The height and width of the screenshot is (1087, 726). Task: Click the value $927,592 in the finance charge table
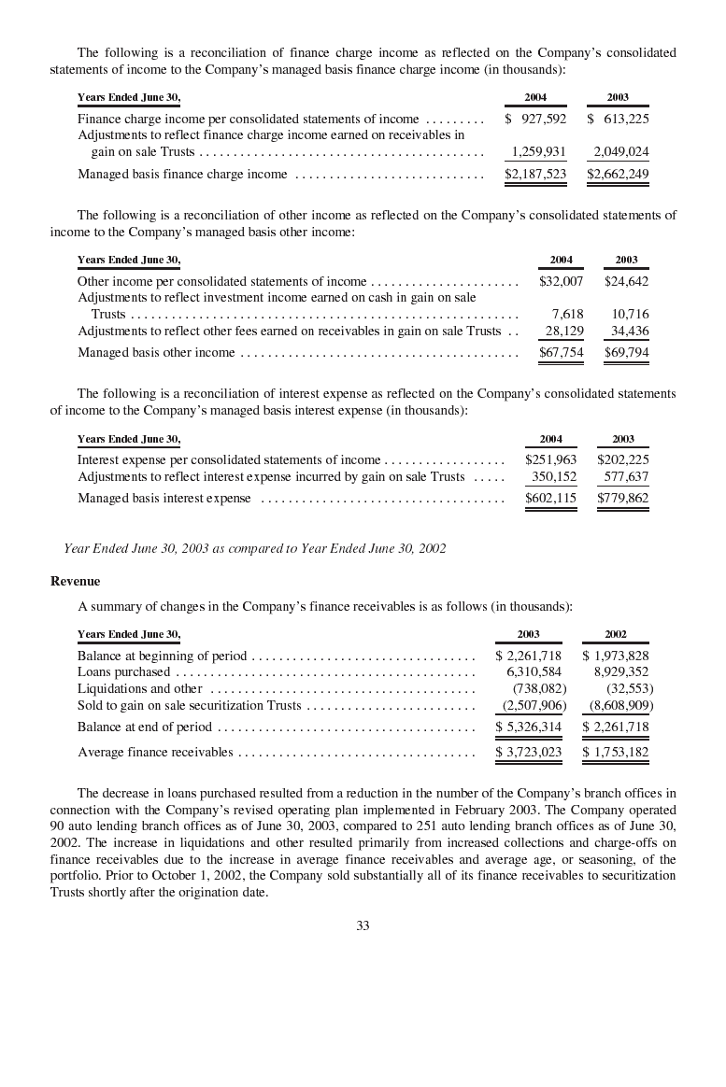pyautogui.click(x=536, y=119)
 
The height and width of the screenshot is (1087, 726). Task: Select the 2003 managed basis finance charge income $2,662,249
pyautogui.click(x=618, y=174)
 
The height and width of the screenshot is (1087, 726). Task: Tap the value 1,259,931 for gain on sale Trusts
pyautogui.click(x=538, y=151)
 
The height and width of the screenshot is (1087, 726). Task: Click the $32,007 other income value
pyautogui.click(x=561, y=281)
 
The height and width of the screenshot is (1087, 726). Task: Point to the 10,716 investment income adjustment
pyautogui.click(x=630, y=314)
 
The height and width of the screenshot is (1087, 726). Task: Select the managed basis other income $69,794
pyautogui.click(x=626, y=352)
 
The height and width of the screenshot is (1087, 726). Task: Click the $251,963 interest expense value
pyautogui.click(x=550, y=459)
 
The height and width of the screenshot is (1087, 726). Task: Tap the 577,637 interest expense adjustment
pyautogui.click(x=626, y=476)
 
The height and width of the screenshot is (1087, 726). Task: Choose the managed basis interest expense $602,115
pyautogui.click(x=550, y=499)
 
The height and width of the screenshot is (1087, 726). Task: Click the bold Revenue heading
pyautogui.click(x=75, y=581)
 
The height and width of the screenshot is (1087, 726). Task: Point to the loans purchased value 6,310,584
pyautogui.click(x=534, y=671)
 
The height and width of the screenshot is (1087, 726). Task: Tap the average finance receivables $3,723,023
pyautogui.click(x=529, y=752)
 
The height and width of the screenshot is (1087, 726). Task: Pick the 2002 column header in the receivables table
pyautogui.click(x=616, y=634)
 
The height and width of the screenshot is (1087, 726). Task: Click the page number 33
pyautogui.click(x=363, y=925)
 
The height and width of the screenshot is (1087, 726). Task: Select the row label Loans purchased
pyautogui.click(x=123, y=671)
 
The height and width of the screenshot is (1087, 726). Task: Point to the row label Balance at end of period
pyautogui.click(x=145, y=727)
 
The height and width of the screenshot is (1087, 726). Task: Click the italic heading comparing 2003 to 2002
pyautogui.click(x=254, y=548)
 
